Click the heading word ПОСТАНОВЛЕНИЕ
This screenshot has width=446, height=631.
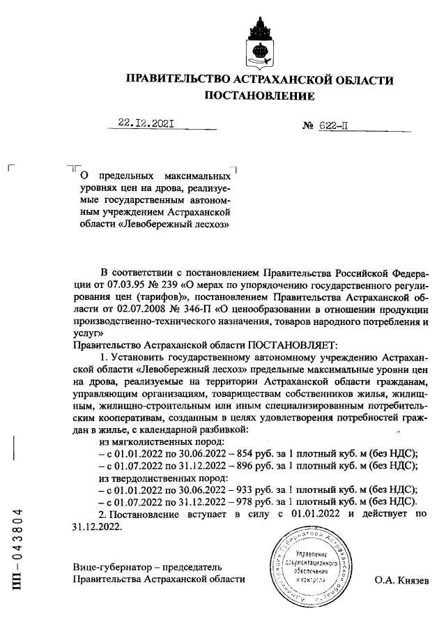pos(258,96)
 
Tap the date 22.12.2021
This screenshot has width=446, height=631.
pos(146,126)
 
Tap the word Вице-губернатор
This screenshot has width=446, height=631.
pos(110,567)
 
